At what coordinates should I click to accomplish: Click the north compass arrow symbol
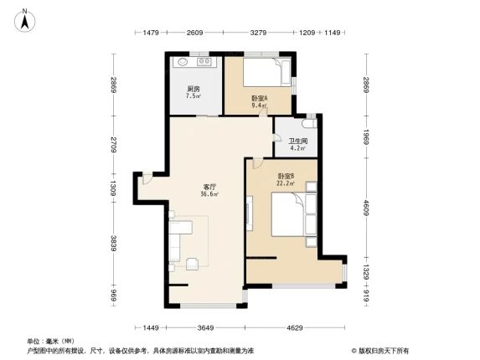coord(25,21)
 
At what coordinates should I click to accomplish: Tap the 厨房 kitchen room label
coord(194,89)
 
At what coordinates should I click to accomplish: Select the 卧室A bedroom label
coord(260,99)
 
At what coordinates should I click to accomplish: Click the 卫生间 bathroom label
coord(298,141)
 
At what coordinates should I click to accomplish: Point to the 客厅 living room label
coord(209,187)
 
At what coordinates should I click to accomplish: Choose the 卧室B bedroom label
coord(286,176)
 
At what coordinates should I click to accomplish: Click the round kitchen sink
coord(183,62)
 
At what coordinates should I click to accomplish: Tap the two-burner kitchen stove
coord(204,62)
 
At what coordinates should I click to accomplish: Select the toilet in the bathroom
coord(308,123)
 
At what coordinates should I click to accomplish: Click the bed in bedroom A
coord(266,72)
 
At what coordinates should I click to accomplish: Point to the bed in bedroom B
coord(289,214)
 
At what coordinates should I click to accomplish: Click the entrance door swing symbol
coord(147,179)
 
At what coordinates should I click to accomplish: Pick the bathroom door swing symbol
coord(277,137)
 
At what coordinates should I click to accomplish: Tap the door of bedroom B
coord(257,163)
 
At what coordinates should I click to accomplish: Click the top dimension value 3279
coord(258,33)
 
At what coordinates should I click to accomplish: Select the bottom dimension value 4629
coord(295,328)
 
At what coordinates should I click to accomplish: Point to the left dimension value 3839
coord(113,244)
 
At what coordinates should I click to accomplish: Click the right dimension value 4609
coord(366,208)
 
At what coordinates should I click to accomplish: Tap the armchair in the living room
coord(192,264)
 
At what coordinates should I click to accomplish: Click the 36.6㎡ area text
coord(209,194)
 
